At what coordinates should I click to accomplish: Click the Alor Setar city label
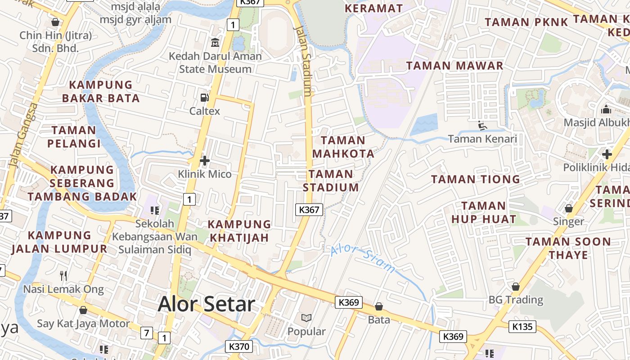[207, 304]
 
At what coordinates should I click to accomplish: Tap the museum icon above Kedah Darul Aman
[215, 43]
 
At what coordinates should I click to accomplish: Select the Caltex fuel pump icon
[204, 97]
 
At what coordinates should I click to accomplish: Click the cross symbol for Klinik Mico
[205, 161]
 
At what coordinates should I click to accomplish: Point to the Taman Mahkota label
[343, 147]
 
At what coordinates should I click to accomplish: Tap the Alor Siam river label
[363, 259]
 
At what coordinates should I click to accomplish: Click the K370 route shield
[238, 346]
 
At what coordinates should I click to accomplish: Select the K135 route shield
[522, 326]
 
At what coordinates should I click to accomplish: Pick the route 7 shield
[146, 333]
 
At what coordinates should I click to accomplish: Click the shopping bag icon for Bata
[379, 306]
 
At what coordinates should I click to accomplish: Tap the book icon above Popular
[306, 318]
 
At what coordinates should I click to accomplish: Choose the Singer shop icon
[569, 208]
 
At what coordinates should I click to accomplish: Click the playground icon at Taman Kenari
[482, 126]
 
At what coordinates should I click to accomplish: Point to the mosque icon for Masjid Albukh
[606, 109]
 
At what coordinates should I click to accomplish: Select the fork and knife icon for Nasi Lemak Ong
[63, 275]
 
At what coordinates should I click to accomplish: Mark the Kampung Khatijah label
[239, 230]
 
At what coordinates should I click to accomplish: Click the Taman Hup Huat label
[483, 212]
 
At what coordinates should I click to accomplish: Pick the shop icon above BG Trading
[516, 287]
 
